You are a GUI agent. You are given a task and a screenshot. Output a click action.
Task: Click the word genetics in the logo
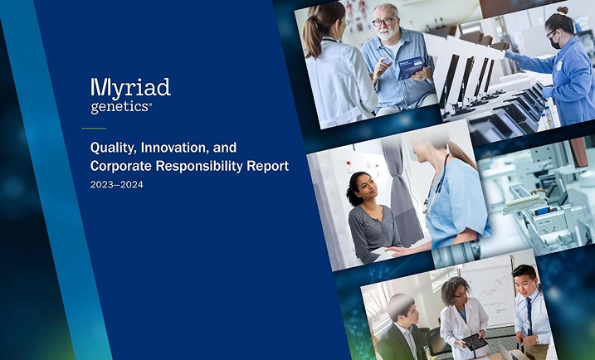click(119, 107)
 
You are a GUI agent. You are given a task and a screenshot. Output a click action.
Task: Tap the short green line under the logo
click(94, 129)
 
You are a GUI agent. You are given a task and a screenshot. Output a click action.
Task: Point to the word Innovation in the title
click(175, 148)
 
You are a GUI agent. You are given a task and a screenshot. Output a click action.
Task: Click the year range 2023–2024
click(116, 185)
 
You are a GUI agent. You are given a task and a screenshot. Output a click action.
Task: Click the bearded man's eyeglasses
click(384, 22)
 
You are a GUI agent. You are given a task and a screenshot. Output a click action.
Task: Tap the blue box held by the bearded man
click(409, 67)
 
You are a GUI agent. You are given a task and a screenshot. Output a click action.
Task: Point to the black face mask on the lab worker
click(554, 43)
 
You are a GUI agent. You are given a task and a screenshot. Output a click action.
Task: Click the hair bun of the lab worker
click(563, 10)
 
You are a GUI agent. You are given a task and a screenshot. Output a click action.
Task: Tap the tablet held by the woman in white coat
click(475, 342)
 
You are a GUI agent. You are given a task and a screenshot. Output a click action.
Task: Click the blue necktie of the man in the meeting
click(529, 315)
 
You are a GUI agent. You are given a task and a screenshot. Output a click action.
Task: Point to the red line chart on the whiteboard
click(492, 289)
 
